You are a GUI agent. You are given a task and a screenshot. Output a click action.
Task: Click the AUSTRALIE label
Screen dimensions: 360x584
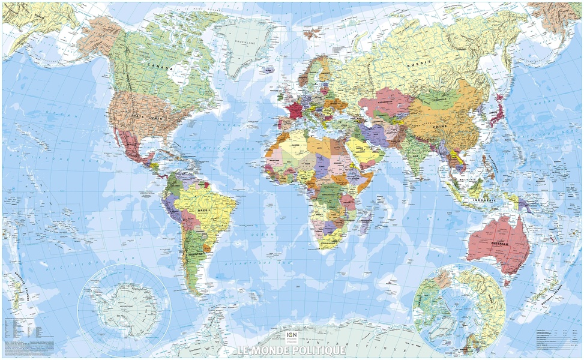click(x=498, y=244)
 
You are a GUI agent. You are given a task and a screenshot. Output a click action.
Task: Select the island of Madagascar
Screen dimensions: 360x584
click(x=365, y=224)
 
